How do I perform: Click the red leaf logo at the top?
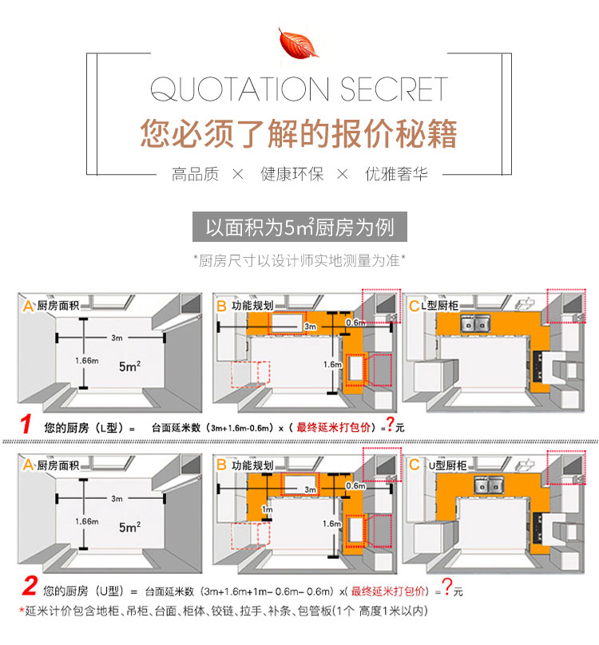pos(298,42)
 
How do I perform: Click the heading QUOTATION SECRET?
pos(299,89)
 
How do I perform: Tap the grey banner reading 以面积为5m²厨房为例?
pos(299,227)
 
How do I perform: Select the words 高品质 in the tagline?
pos(195,174)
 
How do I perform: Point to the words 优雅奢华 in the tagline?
pos(396,174)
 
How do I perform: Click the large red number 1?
pos(26,424)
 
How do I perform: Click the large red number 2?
pos(30,586)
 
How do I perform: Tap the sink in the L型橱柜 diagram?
pos(475,323)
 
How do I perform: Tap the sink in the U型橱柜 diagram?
pos(489,485)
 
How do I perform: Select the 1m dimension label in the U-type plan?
pos(268,509)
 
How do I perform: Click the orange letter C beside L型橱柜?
pos(414,306)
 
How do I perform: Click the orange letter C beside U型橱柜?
pos(414,465)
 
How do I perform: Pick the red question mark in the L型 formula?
pos(390,423)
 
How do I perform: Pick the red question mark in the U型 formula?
pos(447,586)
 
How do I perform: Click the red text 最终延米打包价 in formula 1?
pos(333,427)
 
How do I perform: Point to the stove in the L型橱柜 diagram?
pos(538,366)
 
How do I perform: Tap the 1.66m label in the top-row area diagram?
pos(87,361)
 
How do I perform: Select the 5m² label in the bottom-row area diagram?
pos(129,527)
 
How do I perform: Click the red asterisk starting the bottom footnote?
pos(22,610)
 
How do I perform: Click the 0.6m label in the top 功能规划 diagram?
pos(355,323)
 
